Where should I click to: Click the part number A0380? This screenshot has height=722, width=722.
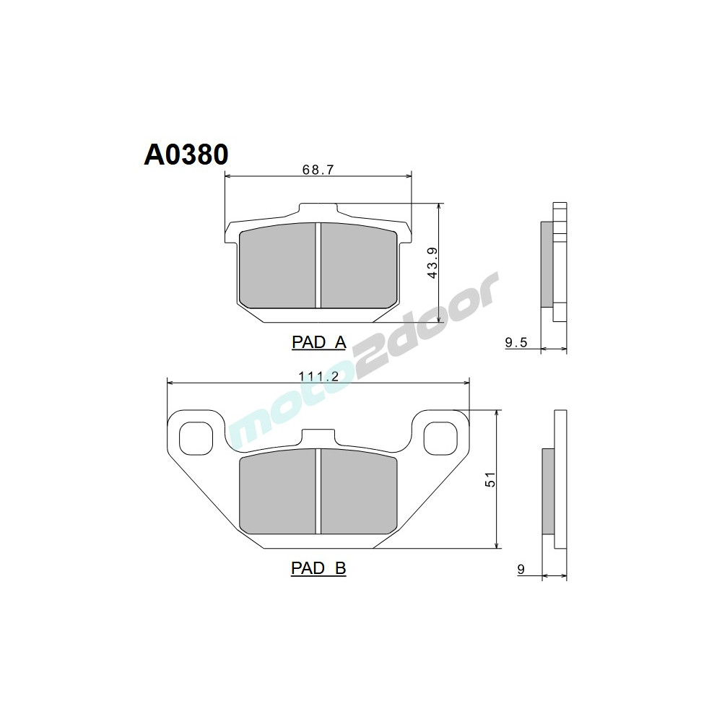(186, 155)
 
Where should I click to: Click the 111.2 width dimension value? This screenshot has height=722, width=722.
(318, 375)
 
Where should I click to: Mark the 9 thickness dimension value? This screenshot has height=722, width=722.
(521, 570)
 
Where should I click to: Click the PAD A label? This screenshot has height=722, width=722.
(318, 342)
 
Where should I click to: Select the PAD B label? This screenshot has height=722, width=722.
(318, 569)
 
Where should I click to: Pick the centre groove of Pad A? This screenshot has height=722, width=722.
(318, 266)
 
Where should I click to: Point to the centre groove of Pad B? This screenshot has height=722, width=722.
(318, 491)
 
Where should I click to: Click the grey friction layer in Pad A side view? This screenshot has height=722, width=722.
(547, 263)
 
